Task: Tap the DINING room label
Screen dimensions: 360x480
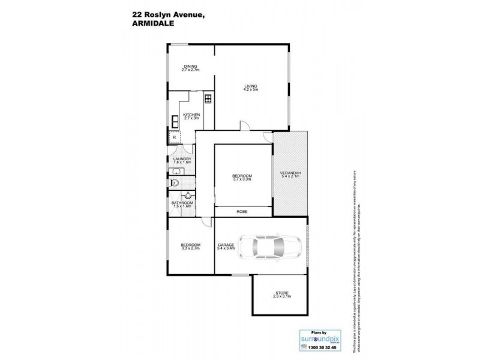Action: [x=190, y=67]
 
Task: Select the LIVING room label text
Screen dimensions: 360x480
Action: [x=250, y=86]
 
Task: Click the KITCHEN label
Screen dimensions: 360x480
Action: [x=191, y=115]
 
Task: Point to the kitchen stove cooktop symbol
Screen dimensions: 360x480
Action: [x=208, y=99]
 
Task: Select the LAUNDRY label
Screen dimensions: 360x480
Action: [x=182, y=158]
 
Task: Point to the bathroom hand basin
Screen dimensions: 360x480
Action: [x=188, y=194]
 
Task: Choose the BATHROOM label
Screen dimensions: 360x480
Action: [x=182, y=203]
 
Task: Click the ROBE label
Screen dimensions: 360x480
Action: [x=242, y=212]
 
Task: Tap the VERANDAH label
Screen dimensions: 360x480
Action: [x=290, y=173]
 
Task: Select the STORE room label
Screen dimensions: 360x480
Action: [x=280, y=293]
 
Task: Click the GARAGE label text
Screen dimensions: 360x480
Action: [x=226, y=245]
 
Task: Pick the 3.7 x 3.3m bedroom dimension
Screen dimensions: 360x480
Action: [x=242, y=179]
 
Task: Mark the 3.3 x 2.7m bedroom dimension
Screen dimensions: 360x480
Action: [x=190, y=248]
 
